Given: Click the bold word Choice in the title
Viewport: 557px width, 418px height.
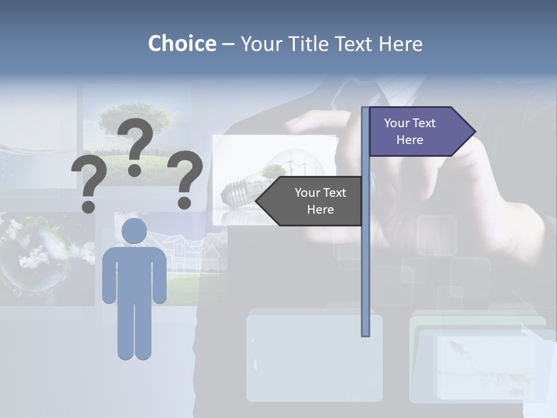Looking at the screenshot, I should pos(182,44).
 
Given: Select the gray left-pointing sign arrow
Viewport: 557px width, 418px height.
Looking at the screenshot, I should pos(310,201).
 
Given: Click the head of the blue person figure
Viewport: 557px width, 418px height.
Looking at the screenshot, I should pos(135,230).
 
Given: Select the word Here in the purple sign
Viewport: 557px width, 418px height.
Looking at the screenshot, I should pos(410,140).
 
